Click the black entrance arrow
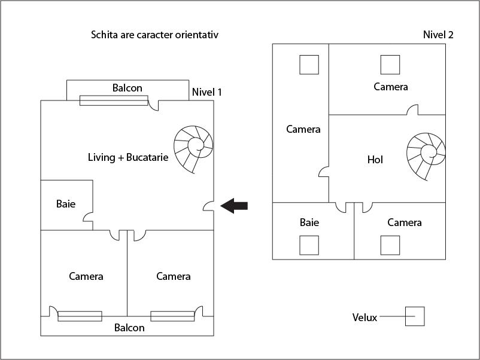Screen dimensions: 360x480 click(x=234, y=206)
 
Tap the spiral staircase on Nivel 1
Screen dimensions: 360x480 click(x=193, y=149)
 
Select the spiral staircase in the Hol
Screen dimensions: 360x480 click(x=426, y=157)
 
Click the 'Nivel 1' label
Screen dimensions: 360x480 click(x=206, y=92)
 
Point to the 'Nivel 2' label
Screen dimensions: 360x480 click(x=438, y=35)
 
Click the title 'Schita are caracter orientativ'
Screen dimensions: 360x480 click(x=154, y=35)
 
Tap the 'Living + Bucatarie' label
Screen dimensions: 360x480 click(x=128, y=157)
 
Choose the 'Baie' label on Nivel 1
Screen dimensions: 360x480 click(x=66, y=204)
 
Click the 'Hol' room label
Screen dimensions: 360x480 click(x=375, y=160)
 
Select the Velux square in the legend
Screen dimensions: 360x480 click(x=414, y=316)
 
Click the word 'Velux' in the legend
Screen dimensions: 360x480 click(x=364, y=318)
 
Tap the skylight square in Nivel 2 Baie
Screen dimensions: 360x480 click(x=309, y=245)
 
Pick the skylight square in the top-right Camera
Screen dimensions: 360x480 click(x=390, y=65)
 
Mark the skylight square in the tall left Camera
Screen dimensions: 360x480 click(x=309, y=65)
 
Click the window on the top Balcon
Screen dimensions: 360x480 click(x=114, y=100)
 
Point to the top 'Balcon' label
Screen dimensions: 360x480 click(x=127, y=88)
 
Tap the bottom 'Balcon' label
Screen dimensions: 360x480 click(x=129, y=328)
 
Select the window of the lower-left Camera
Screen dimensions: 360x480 click(x=80, y=316)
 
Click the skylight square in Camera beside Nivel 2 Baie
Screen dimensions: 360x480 click(x=390, y=245)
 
